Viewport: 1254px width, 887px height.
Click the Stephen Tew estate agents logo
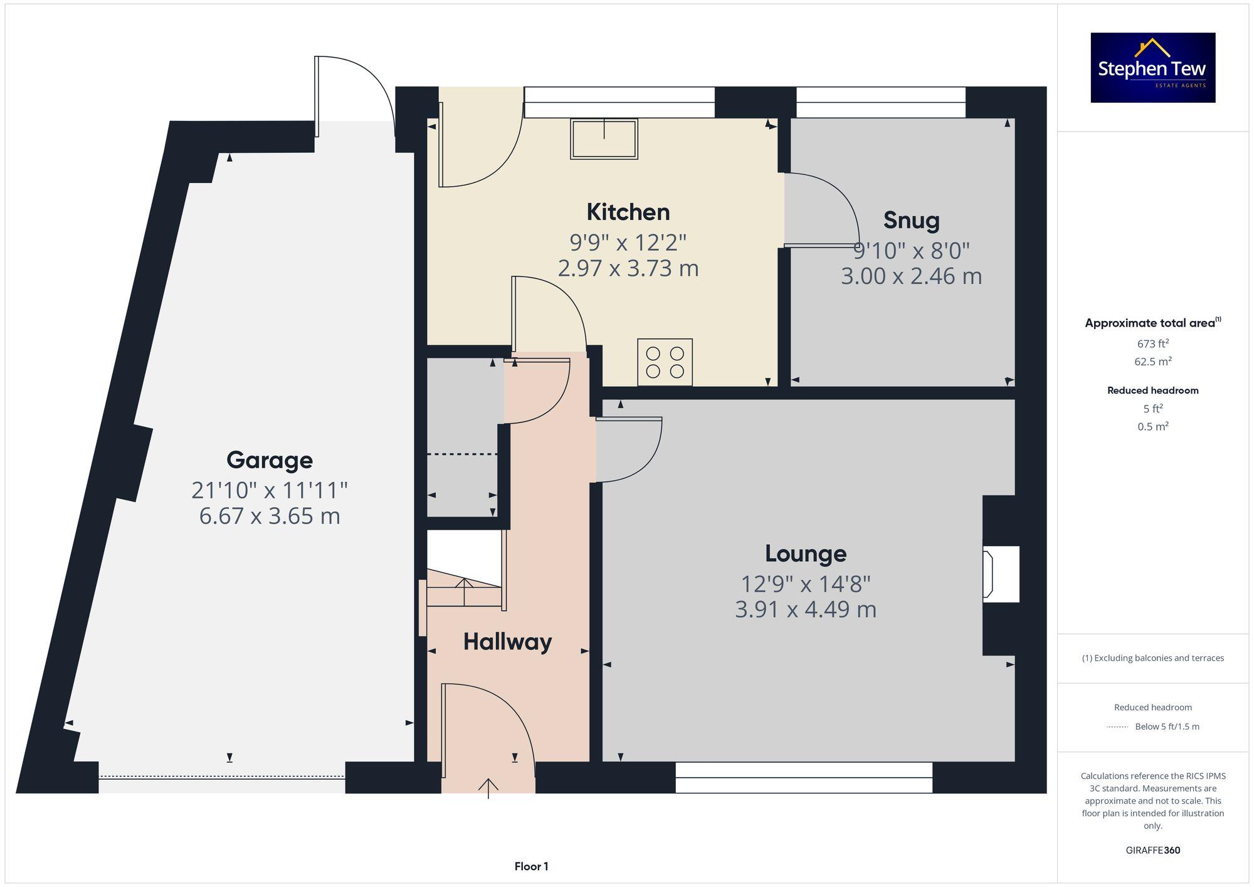tap(1152, 68)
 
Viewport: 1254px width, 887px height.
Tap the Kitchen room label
tap(628, 212)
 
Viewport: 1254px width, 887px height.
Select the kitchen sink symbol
tap(604, 139)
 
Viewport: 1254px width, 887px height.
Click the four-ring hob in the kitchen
tap(665, 362)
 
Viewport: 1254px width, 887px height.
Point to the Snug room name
tap(911, 220)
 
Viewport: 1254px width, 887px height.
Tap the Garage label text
tap(269, 460)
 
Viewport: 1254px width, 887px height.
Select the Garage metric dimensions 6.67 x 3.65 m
tap(269, 516)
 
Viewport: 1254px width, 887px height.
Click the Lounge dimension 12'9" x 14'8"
tap(805, 584)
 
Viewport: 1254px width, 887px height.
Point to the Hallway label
tap(507, 642)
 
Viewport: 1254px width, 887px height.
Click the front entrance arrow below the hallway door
tap(488, 788)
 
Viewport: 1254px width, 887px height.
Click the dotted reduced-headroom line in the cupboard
tap(462, 454)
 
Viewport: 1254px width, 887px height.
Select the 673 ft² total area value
tap(1152, 344)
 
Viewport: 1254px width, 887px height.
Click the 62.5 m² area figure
tap(1152, 362)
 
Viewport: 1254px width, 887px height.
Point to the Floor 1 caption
tap(531, 866)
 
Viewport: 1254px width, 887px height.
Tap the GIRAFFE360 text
tap(1152, 850)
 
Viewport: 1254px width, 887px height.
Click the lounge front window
tap(803, 777)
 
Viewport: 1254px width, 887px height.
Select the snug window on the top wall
tap(880, 102)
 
